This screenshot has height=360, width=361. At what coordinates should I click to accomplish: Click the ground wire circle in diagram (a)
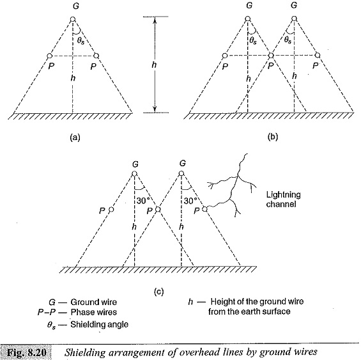click(x=73, y=19)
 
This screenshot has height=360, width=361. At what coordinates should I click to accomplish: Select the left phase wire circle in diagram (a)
click(x=49, y=56)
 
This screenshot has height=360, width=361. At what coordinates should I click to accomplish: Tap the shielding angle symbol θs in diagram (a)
click(x=81, y=41)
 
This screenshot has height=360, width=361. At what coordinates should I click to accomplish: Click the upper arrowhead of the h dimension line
click(x=155, y=20)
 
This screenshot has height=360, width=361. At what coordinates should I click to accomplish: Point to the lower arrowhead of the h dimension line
click(x=155, y=110)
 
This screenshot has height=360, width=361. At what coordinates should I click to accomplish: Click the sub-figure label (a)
click(x=75, y=137)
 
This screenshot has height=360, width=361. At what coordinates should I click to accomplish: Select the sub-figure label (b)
click(x=273, y=137)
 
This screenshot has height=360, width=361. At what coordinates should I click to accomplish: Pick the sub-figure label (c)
click(x=158, y=292)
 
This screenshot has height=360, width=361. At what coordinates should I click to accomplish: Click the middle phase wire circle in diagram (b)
click(x=271, y=56)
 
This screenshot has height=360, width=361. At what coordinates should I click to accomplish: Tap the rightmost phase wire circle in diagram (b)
click(x=318, y=56)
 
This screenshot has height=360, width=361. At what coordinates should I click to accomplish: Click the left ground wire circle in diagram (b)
click(x=248, y=19)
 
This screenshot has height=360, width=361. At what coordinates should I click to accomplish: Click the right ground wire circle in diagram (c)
click(x=181, y=173)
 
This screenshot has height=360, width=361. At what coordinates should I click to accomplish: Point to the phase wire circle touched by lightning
click(x=204, y=209)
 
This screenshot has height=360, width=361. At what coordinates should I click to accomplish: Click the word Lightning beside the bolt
click(x=284, y=195)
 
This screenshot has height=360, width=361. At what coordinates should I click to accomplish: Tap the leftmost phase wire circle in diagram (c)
click(x=111, y=210)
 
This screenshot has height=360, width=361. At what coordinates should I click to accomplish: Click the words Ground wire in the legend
click(x=94, y=302)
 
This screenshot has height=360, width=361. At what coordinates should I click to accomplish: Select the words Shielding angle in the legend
click(x=99, y=324)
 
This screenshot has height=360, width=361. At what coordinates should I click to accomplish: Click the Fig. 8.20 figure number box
click(x=26, y=352)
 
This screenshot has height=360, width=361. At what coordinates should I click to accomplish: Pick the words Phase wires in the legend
click(x=94, y=312)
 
